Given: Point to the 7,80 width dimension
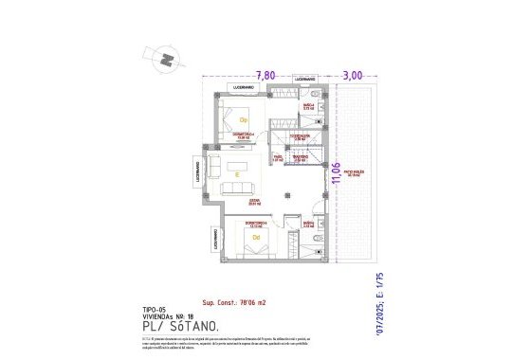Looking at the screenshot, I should click(266, 75).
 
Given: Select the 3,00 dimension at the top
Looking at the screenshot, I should click(352, 75).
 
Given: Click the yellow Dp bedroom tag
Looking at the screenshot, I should click(243, 120).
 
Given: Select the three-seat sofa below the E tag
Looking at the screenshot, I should click(237, 189).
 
